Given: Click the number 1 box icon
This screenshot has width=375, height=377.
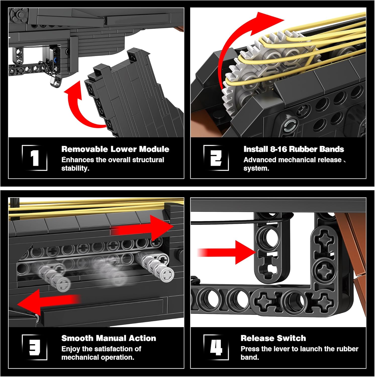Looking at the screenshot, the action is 35,158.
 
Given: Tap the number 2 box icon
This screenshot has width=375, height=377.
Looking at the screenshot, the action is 216,158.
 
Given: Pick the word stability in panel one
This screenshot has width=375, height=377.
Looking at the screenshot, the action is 75,168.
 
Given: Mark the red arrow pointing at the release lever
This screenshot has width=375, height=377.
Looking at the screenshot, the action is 226,252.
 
